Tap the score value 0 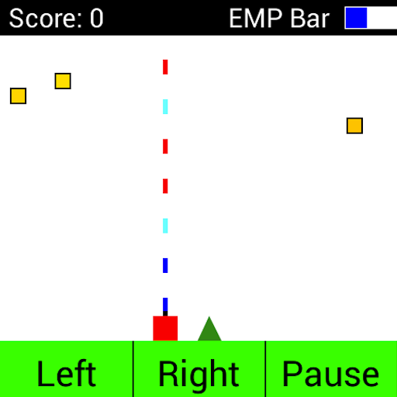pyautogui.click(x=97, y=18)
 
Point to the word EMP pyautogui.click(x=255, y=18)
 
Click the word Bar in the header pyautogui.click(x=310, y=18)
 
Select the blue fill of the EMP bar pyautogui.click(x=356, y=18)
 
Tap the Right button pyautogui.click(x=199, y=369)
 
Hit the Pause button pyautogui.click(x=331, y=369)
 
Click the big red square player pyautogui.click(x=165, y=328)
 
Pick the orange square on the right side pyautogui.click(x=354, y=126)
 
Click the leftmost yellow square pyautogui.click(x=18, y=96)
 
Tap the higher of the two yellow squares pyautogui.click(x=63, y=81)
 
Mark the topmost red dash pyautogui.click(x=165, y=67)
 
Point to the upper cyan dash pyautogui.click(x=165, y=107)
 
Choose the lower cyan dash pyautogui.click(x=165, y=226)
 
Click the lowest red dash pyautogui.click(x=165, y=186)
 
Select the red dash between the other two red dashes pyautogui.click(x=165, y=147)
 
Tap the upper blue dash pyautogui.click(x=165, y=265)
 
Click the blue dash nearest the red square pyautogui.click(x=165, y=305)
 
